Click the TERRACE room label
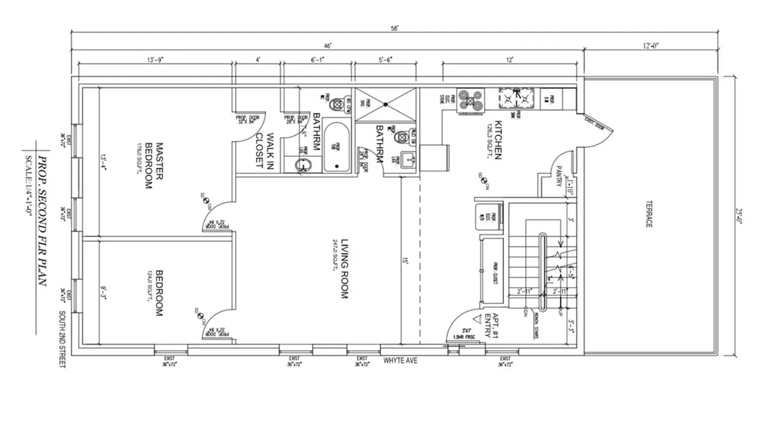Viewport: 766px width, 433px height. click(648, 215)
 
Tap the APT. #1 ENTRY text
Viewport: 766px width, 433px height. click(491, 325)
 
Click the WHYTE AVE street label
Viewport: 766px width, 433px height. click(400, 360)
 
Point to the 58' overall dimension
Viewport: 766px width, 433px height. click(395, 29)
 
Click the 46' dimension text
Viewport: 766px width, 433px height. click(328, 46)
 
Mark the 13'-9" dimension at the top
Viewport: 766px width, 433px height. click(155, 60)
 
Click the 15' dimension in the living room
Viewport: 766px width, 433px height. click(405, 260)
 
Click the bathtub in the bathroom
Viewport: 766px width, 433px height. click(336, 148)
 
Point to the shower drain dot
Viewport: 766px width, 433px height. click(385, 103)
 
